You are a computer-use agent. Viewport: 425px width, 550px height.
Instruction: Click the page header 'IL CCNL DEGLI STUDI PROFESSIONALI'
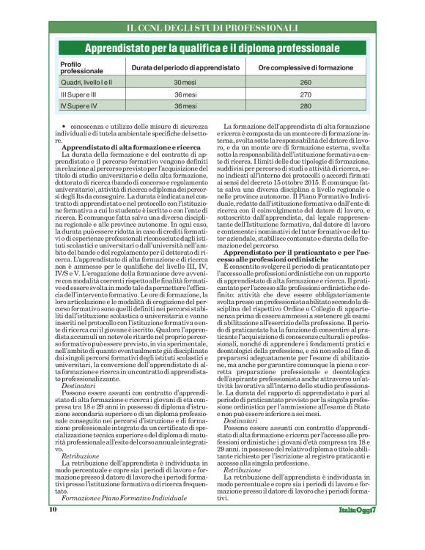[212, 29]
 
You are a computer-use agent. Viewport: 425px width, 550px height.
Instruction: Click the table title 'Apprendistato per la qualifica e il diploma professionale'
[212, 48]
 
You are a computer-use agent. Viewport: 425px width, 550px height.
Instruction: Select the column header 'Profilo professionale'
[81, 68]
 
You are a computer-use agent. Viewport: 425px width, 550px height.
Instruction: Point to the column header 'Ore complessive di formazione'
[306, 68]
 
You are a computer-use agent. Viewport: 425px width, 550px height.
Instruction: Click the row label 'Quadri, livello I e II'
[86, 83]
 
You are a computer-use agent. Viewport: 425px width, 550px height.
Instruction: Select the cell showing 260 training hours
[306, 83]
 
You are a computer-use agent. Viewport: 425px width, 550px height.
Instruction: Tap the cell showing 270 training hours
[306, 94]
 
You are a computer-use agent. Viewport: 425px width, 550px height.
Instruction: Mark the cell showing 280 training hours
[306, 106]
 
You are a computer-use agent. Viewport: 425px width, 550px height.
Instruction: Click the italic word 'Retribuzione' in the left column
[79, 456]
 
